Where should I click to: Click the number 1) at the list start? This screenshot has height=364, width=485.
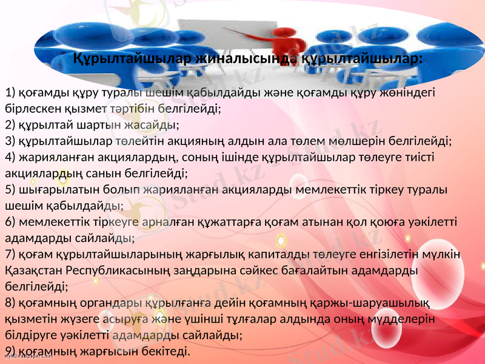click(x=10, y=93)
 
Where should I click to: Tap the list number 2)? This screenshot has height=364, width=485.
click(x=10, y=126)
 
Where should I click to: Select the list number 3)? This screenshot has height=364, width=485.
click(x=10, y=141)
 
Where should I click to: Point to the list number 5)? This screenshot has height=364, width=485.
click(x=10, y=189)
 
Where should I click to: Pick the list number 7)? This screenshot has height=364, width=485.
click(x=10, y=252)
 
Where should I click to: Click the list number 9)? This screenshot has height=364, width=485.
click(x=10, y=351)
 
